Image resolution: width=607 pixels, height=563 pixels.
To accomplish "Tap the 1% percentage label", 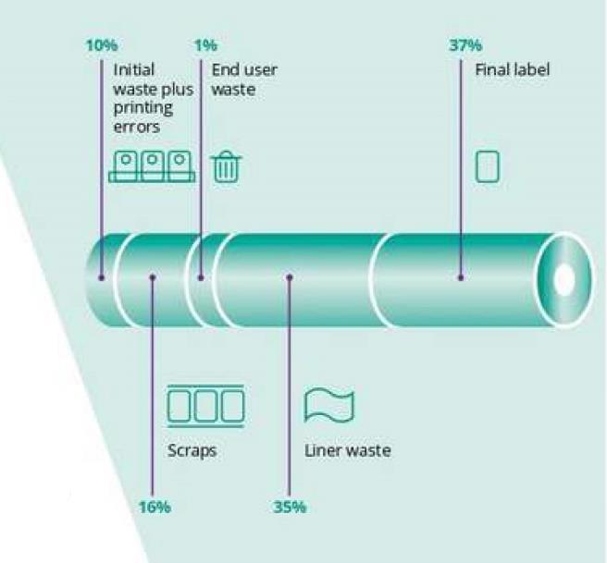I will coord(204,45).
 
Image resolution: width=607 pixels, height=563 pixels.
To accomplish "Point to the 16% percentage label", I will coord(154,508).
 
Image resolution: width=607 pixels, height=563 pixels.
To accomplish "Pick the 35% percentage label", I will coord(290,508).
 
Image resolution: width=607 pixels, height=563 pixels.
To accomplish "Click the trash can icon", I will coord(227,167).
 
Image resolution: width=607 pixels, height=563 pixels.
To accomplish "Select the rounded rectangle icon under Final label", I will coord(487,166).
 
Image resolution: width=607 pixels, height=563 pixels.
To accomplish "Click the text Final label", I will coord(512,70).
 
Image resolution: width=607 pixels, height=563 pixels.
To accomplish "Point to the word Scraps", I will coord(192,451).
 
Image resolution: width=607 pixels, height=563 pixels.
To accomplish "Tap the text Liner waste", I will coord(347,451).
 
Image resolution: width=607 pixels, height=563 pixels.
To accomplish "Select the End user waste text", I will coord(243,80).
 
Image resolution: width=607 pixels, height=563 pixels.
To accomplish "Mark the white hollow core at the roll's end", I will coord(563,278).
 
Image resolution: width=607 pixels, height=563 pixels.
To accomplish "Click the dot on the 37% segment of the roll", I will coord(460,275).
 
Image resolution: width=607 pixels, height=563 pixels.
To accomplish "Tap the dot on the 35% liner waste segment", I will coord(289,275).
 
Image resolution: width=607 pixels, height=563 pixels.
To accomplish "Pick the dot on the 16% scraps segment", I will coord(154,275).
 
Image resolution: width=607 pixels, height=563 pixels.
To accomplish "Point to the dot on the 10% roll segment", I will coord(102,275).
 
